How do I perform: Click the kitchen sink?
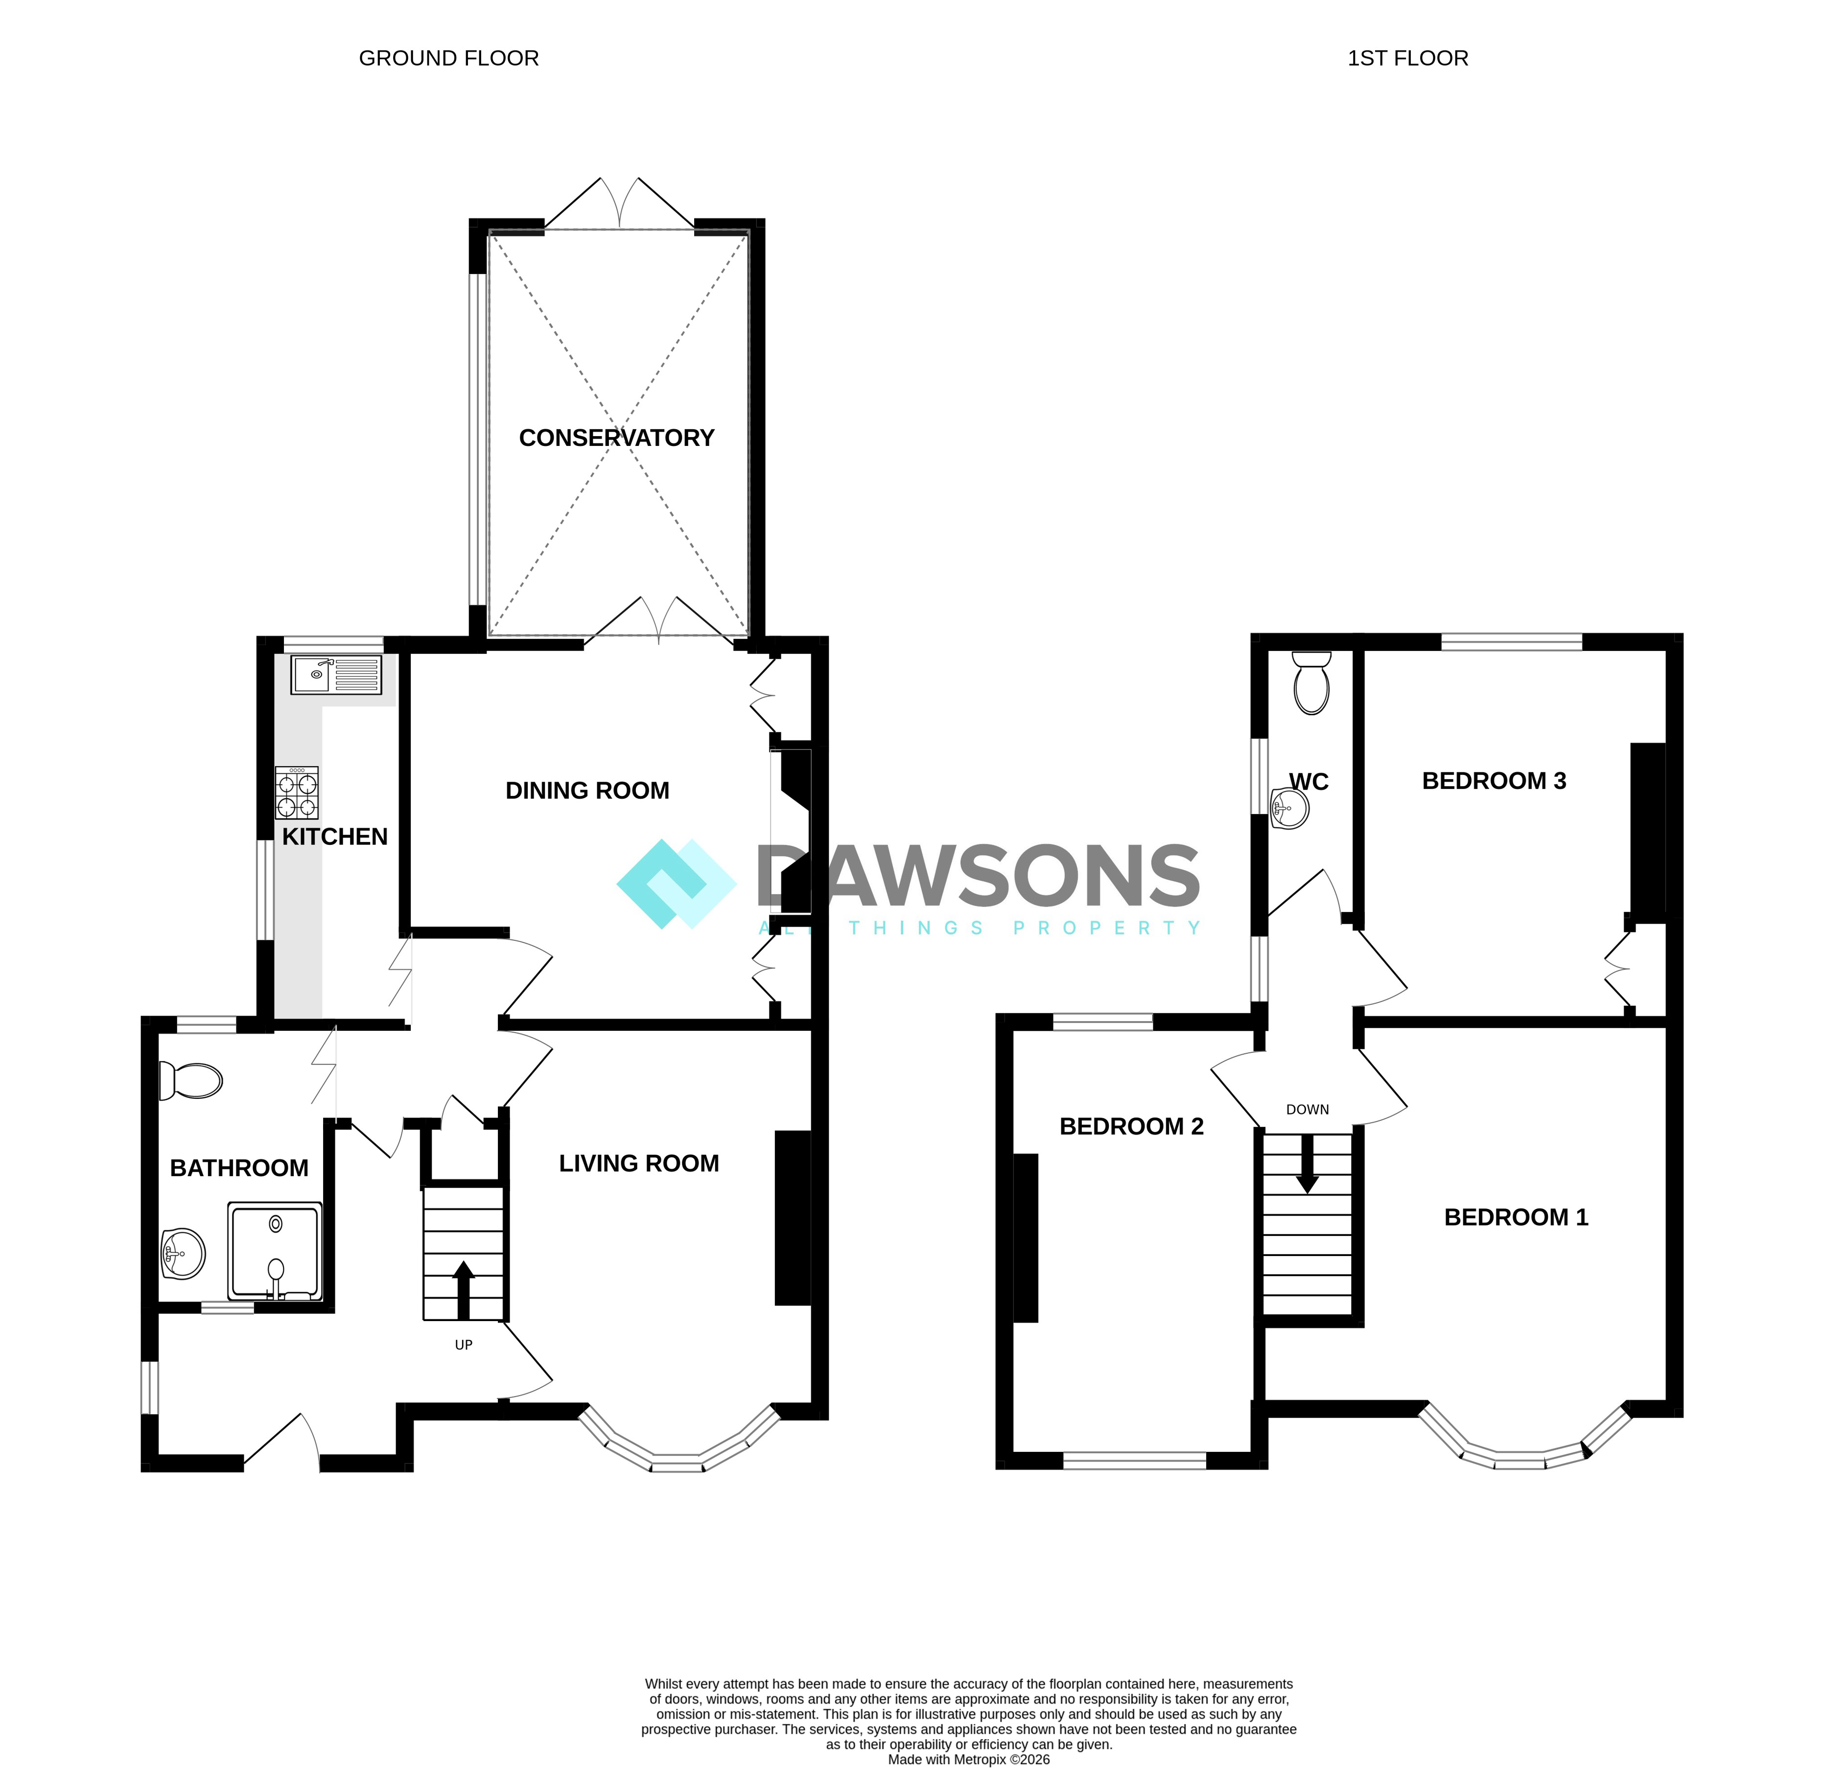(x=336, y=675)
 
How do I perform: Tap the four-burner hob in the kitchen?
(x=297, y=793)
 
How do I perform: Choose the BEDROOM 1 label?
(x=1516, y=1217)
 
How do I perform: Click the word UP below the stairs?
(x=464, y=1345)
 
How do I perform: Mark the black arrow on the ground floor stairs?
(x=464, y=1290)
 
